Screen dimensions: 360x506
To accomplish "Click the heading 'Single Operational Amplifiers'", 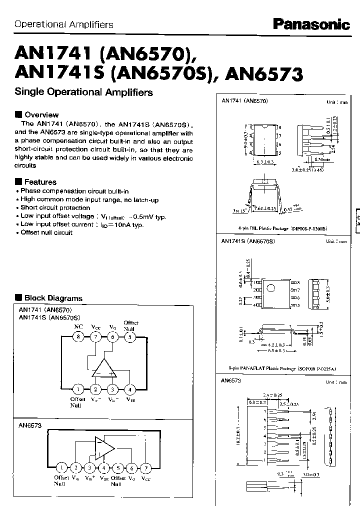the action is pos(84,92).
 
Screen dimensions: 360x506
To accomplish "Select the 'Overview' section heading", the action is pos(41,115).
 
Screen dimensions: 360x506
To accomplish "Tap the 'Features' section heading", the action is pos(40,182).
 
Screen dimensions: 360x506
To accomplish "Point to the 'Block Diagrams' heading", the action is pos(53,298).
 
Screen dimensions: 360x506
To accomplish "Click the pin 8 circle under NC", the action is pos(78,337).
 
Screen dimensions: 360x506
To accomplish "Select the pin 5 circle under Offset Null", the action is pos(129,337).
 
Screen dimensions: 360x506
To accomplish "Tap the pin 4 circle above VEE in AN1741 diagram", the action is pos(129,389).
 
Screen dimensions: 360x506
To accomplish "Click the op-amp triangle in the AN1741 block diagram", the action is pos(104,368).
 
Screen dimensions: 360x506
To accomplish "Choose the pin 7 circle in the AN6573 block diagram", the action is pos(145,468).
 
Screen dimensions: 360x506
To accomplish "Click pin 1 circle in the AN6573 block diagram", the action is pos(61,468).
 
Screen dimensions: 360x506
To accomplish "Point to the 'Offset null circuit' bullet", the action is pos(46,233).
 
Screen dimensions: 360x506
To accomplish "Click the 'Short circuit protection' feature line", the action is pos(55,207).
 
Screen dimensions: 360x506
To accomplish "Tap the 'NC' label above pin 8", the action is pos(78,326).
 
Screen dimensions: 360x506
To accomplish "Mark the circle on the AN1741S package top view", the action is pos(270,288).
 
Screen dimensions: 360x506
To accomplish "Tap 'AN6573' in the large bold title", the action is pos(264,75).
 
